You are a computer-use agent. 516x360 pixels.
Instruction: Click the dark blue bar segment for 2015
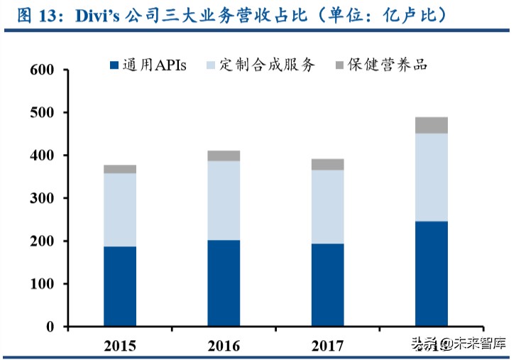(120, 286)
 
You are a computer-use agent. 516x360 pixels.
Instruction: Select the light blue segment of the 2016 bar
(224, 200)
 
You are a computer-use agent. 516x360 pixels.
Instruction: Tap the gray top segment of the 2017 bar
(328, 165)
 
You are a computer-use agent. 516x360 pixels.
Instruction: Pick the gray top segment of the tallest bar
(432, 126)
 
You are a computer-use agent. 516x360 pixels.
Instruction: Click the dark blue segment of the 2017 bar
(328, 285)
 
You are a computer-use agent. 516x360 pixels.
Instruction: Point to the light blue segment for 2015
(120, 209)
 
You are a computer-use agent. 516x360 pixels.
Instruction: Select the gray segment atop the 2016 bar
(224, 156)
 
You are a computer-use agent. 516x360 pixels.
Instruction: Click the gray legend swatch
(340, 65)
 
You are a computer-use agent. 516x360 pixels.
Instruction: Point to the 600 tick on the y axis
(43, 70)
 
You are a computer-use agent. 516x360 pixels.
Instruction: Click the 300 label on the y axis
(43, 199)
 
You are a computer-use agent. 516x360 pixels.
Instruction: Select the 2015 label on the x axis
(120, 346)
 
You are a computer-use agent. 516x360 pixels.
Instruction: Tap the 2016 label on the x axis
(224, 346)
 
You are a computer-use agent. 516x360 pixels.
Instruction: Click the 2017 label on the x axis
(328, 346)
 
